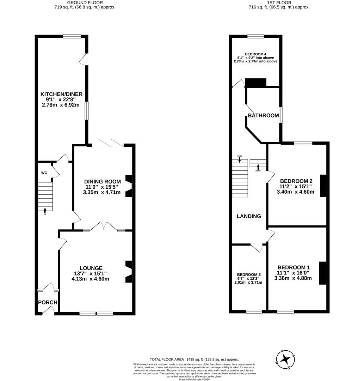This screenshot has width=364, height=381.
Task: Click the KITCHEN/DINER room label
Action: click(61, 94)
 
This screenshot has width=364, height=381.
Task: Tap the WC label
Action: click(44, 173)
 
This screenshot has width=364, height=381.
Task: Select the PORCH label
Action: click(48, 302)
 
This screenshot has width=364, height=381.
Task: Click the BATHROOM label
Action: click(263, 115)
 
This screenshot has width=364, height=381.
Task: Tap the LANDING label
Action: click(249, 216)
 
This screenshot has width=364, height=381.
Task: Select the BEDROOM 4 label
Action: click(255, 54)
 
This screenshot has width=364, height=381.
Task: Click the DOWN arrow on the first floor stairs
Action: click(258, 167)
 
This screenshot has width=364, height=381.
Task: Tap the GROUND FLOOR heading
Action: click(85, 2)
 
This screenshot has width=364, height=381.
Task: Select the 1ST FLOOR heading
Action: click(279, 2)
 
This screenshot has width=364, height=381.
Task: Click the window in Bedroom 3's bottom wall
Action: click(254, 312)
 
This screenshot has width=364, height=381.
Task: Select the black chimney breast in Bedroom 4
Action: click(255, 83)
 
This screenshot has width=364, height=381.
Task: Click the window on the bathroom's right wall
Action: click(280, 115)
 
